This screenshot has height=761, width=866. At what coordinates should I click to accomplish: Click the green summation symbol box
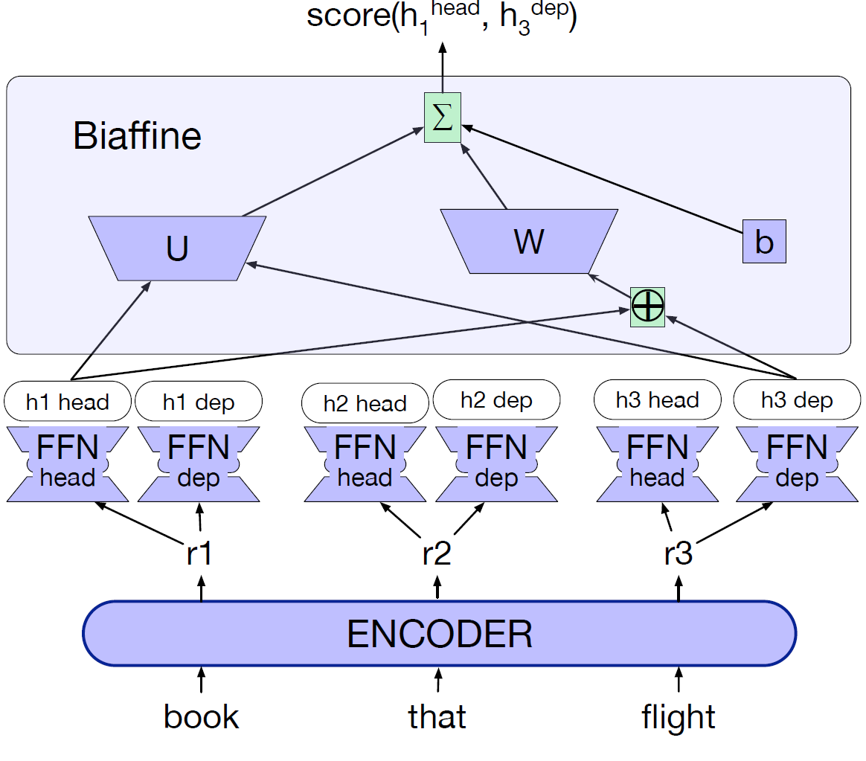[x=443, y=118]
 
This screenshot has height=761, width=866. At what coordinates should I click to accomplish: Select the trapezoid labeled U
[x=177, y=248]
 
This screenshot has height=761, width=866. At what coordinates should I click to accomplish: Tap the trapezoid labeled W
[x=529, y=241]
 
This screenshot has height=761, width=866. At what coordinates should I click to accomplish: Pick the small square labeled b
[x=764, y=243]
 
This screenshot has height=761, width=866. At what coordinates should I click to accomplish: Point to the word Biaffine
[x=138, y=136]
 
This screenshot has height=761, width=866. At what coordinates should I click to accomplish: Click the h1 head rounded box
[x=68, y=402]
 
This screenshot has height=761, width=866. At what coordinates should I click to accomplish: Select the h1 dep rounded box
[x=199, y=402]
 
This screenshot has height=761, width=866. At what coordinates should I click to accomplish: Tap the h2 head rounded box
[x=365, y=403]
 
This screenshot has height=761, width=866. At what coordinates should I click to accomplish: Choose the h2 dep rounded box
[x=496, y=400]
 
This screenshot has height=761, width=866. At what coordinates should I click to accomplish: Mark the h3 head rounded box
[x=658, y=399]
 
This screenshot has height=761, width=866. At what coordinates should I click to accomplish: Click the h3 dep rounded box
[x=797, y=400]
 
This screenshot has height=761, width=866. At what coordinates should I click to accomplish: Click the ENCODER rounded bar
[x=440, y=633]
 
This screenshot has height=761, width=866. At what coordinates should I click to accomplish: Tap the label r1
[x=199, y=554]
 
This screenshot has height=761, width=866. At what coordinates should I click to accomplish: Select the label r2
[x=437, y=554]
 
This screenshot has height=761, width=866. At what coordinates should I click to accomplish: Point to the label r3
[x=678, y=554]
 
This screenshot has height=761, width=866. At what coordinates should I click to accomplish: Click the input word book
[x=202, y=716]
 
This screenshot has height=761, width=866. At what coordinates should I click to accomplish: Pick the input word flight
[x=679, y=717]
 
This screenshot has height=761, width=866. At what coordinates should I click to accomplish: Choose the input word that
[x=437, y=716]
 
